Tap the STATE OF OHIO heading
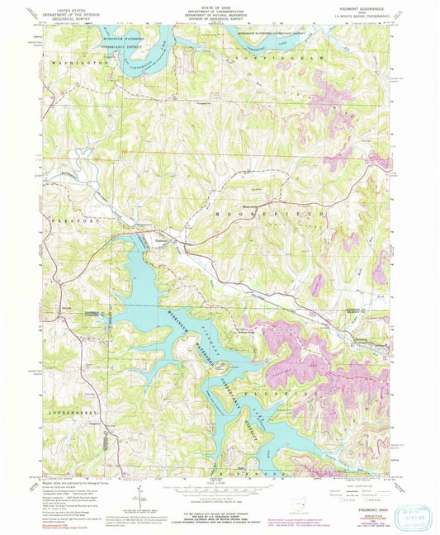(x=220, y=4)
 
